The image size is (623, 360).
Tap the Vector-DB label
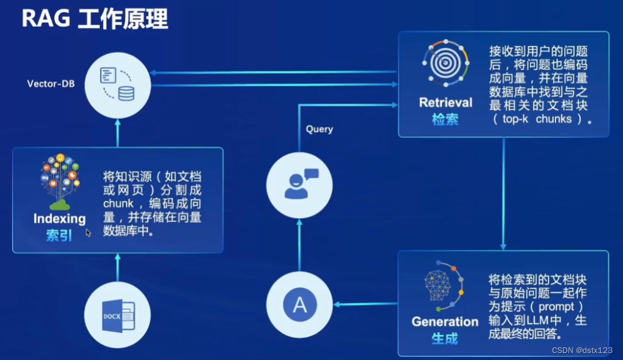click(x=51, y=84)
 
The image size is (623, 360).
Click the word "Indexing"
click(x=59, y=219)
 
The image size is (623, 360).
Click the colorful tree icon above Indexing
click(x=59, y=181)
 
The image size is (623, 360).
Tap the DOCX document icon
click(x=117, y=314)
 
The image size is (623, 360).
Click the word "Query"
click(x=319, y=129)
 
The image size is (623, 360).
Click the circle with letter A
click(x=300, y=306)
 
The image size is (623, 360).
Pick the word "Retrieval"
click(x=445, y=102)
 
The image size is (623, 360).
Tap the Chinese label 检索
click(x=445, y=119)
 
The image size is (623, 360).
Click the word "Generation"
click(x=445, y=321)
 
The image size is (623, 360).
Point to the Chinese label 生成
click(x=445, y=338)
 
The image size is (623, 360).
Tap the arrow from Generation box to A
click(x=366, y=305)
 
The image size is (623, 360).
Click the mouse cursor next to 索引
click(x=89, y=233)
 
